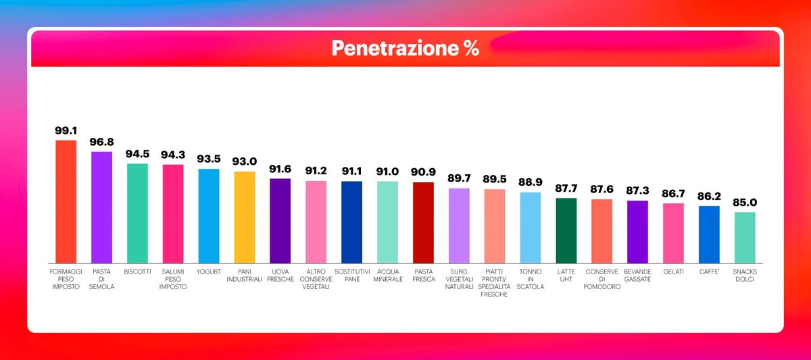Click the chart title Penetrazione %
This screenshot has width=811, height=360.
405,48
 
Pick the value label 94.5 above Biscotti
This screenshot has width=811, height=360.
137,154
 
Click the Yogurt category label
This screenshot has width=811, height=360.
209,272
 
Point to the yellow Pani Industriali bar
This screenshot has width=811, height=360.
245,217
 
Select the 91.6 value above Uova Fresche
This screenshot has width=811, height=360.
280,169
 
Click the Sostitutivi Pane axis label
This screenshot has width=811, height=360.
351,275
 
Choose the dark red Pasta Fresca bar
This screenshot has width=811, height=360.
423,222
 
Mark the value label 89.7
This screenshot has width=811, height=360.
459,178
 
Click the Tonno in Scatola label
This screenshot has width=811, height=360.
531,279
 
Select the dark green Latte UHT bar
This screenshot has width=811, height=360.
566,230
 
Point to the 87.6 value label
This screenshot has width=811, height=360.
602,190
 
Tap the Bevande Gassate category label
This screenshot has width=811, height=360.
637,275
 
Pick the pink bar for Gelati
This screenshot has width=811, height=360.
673,233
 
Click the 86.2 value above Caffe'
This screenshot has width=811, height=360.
709,197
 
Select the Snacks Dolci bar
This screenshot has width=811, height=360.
745,237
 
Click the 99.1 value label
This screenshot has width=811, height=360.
66,130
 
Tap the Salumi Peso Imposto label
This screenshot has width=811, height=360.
173,279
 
